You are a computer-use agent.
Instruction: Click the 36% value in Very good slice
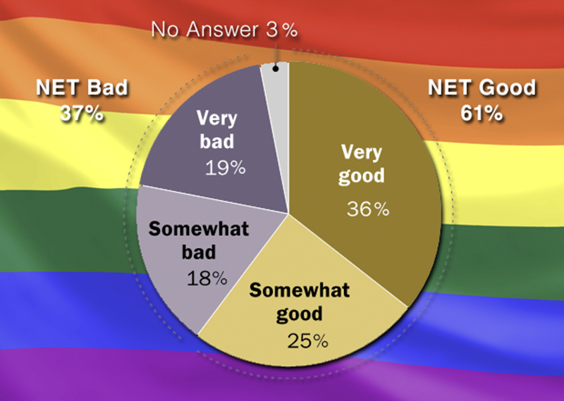368,209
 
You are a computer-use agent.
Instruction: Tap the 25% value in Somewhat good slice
308,340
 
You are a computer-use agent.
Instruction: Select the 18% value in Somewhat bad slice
207,278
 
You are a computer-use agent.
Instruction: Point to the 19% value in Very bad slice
226,168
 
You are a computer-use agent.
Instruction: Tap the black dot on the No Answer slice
276,68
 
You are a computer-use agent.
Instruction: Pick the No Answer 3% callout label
224,30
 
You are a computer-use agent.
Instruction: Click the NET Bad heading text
82,88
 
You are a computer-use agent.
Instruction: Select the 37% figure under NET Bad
82,113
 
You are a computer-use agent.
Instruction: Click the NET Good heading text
482,88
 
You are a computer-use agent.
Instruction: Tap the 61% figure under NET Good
482,113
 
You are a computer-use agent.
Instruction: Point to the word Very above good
362,152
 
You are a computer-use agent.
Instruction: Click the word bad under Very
217,141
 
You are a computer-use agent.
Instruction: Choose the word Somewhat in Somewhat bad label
199,229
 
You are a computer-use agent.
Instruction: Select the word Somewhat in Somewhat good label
299,290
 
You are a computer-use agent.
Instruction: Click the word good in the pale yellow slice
299,314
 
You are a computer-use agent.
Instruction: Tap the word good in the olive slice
362,176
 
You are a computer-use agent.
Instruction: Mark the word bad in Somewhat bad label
199,252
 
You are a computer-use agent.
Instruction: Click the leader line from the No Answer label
276,55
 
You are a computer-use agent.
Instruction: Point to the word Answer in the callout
222,30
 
